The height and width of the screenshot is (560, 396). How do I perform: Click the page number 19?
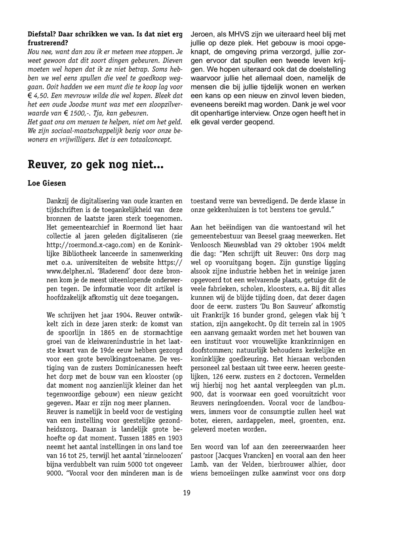[x=187, y=493]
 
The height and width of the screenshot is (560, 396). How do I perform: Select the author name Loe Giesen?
[x=47, y=183]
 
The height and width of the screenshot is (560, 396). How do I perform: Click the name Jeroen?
[x=202, y=34]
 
